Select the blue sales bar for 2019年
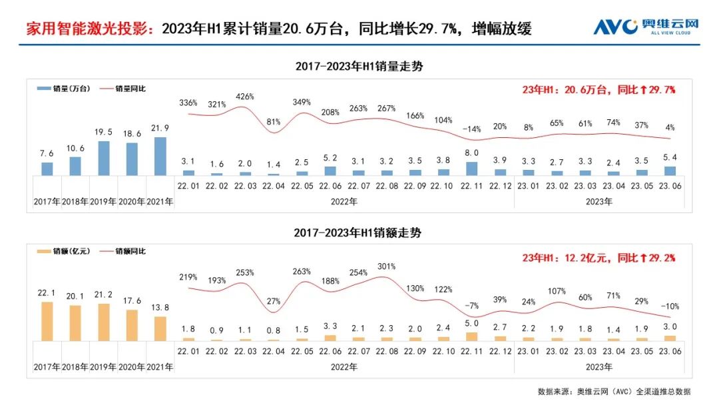(x=103, y=159)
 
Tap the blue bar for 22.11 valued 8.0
(x=471, y=169)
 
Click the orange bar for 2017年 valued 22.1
(x=47, y=322)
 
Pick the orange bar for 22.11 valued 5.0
(x=471, y=337)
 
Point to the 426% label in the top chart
(x=246, y=97)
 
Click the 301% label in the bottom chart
(x=385, y=266)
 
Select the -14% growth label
(x=471, y=129)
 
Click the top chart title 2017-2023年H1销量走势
(x=359, y=67)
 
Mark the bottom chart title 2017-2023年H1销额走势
(x=359, y=233)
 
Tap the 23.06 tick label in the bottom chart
(x=670, y=350)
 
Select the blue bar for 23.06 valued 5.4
(x=670, y=171)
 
